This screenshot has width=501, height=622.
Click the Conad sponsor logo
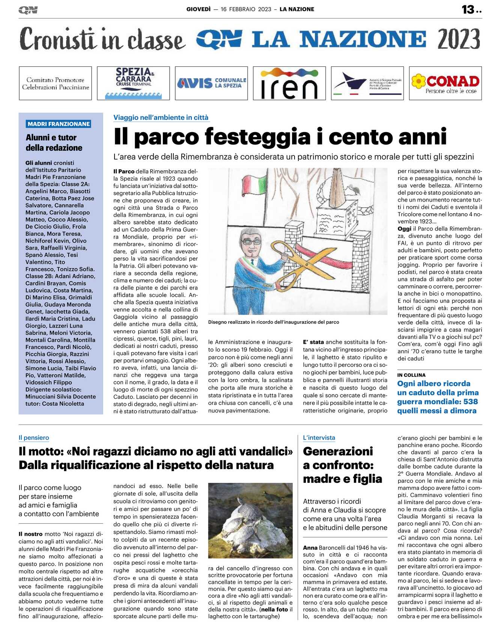[445, 83]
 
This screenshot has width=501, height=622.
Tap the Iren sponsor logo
[289, 83]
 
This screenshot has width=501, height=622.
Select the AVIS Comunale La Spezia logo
[211, 83]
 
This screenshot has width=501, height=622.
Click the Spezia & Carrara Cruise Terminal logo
[133, 83]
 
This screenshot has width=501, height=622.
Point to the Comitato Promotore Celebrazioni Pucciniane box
[56, 83]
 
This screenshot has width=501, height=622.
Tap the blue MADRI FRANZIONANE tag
[59, 124]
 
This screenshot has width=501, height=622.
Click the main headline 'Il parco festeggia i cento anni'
[280, 136]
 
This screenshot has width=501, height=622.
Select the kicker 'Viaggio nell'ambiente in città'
[161, 117]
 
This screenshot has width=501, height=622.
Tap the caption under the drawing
[274, 322]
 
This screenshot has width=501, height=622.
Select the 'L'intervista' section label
[319, 438]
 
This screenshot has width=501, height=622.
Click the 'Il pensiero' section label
[34, 438]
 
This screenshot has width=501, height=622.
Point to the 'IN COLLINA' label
[411, 375]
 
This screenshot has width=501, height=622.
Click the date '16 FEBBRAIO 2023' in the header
[246, 9]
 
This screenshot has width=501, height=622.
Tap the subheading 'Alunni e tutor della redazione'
[54, 143]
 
